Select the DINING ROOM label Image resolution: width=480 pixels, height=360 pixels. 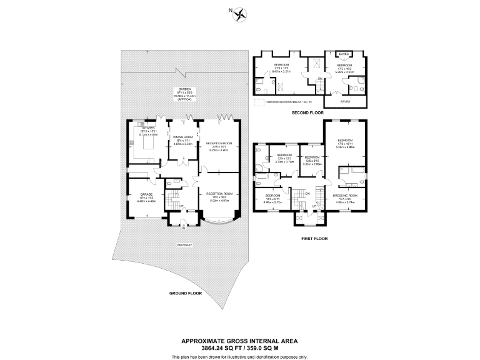182,139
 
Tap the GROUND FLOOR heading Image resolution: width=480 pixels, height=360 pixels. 185,292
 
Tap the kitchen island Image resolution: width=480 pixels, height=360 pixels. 147,143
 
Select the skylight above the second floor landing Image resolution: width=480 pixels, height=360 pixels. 317,62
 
